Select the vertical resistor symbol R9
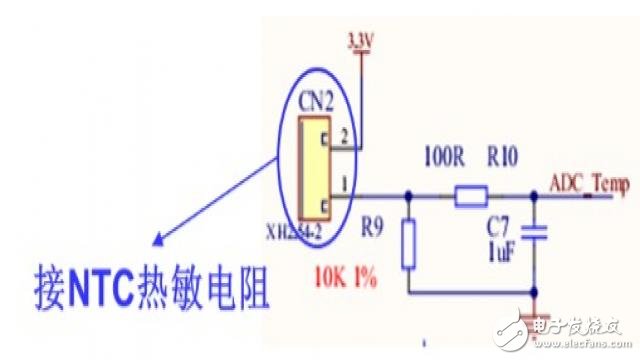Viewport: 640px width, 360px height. click(407, 246)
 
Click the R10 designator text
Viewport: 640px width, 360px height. click(503, 158)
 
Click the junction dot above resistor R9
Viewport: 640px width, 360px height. click(407, 196)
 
